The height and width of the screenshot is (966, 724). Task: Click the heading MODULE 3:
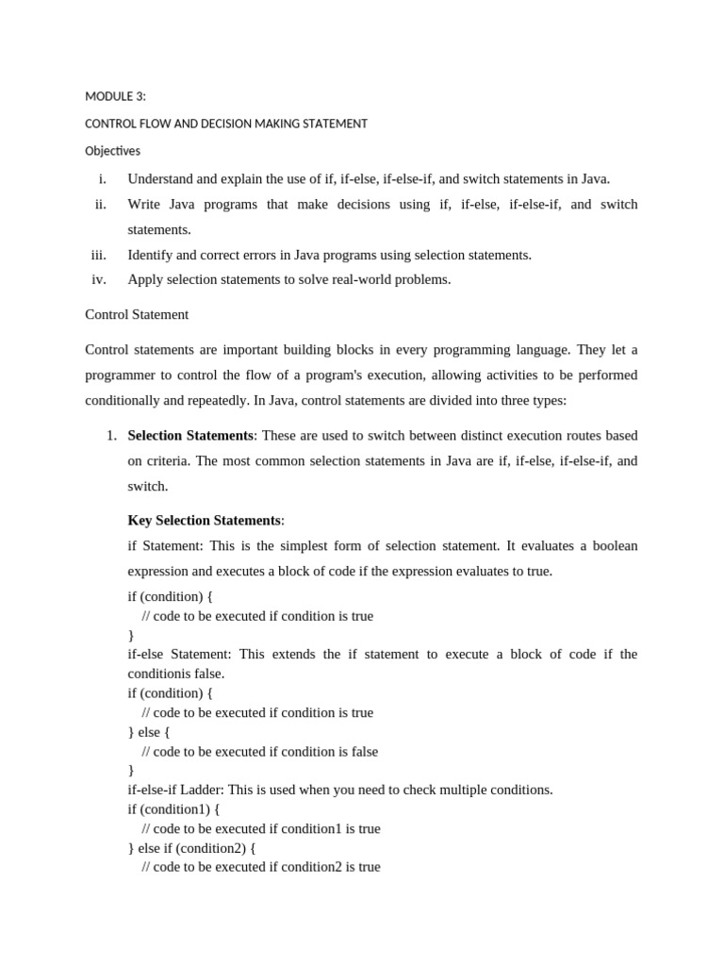(115, 96)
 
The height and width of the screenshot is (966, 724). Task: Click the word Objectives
(112, 151)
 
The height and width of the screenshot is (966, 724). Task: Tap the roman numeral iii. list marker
(99, 255)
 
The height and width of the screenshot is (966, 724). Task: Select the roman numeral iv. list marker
(99, 279)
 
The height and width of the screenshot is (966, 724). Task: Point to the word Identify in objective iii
(151, 255)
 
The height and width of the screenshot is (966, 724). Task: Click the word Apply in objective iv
(145, 279)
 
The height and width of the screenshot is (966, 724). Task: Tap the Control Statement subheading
(137, 314)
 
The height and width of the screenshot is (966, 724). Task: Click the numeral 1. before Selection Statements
(110, 436)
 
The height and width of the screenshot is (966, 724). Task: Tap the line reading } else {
(149, 732)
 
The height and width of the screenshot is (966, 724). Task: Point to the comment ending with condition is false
(259, 752)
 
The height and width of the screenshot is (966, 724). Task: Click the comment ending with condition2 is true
(261, 867)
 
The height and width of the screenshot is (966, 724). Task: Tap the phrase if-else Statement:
(181, 654)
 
